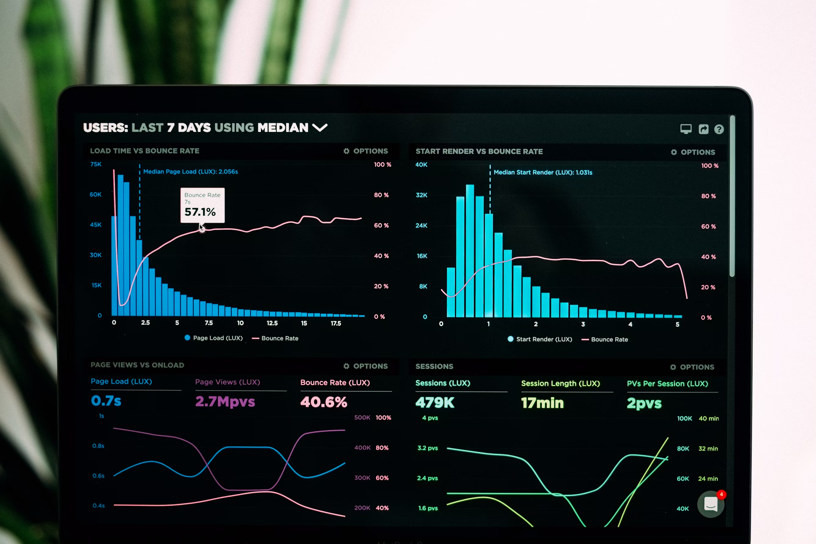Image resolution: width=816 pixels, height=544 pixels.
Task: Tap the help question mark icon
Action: click(x=719, y=129)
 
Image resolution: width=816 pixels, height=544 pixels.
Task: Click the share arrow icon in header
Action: click(x=703, y=129)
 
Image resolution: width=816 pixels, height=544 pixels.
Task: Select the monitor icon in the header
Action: click(x=686, y=129)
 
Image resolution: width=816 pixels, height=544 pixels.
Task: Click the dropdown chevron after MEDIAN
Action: click(x=320, y=128)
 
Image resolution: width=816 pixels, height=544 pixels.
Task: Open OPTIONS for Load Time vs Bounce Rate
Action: click(x=366, y=151)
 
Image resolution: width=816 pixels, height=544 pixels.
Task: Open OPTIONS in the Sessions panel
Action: click(x=692, y=367)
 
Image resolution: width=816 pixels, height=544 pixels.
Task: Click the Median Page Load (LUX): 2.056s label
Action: click(x=190, y=171)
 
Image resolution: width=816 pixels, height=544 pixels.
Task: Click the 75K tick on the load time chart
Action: click(x=96, y=164)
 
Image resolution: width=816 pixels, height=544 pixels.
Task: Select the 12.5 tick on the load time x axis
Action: click(x=272, y=323)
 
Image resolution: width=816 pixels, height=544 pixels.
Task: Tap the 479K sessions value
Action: click(x=435, y=402)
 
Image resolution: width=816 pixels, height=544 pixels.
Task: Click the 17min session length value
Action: click(x=542, y=403)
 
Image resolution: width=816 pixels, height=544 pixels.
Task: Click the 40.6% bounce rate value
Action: click(x=323, y=402)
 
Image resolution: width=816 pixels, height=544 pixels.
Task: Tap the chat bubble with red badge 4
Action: click(x=711, y=504)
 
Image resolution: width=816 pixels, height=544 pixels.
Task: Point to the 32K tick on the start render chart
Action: click(x=421, y=195)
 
